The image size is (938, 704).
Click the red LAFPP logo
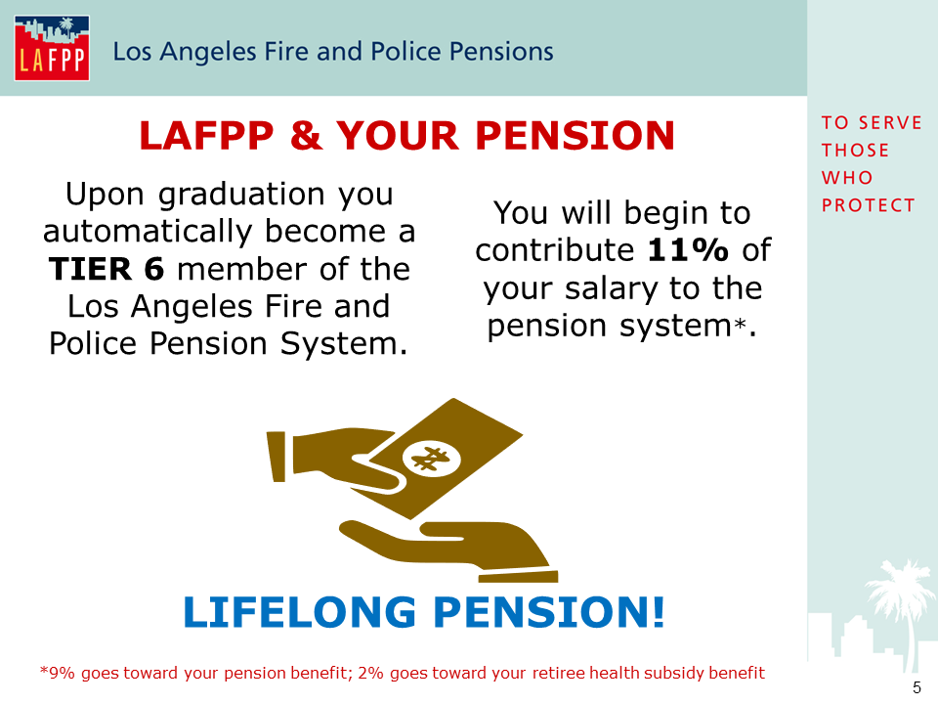point(52,48)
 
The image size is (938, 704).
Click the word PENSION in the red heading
point(575,135)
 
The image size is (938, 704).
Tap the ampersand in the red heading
point(306,135)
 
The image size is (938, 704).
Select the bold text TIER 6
point(107,269)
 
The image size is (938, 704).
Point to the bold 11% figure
point(688,249)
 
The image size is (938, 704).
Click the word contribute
point(554,249)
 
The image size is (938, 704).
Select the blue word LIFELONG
point(299,612)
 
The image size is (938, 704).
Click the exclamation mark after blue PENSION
point(658,612)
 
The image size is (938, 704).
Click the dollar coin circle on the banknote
point(431,460)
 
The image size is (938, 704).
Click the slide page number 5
point(917,687)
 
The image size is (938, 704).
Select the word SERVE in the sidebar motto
point(890,123)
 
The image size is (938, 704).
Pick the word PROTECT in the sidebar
point(868,205)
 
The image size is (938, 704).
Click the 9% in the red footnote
point(61,673)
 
